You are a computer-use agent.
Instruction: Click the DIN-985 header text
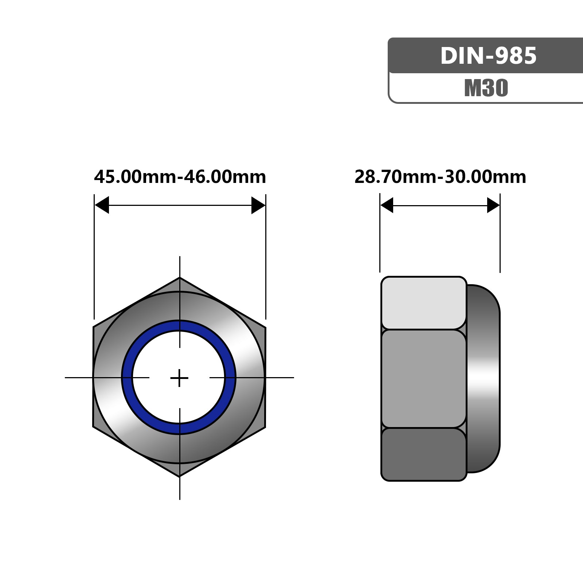click(x=488, y=56)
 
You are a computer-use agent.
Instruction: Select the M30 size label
click(x=486, y=88)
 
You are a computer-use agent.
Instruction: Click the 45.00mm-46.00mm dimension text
click(x=180, y=177)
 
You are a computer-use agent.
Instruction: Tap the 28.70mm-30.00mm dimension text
click(x=440, y=177)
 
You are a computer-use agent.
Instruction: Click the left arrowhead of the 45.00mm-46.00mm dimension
click(x=102, y=205)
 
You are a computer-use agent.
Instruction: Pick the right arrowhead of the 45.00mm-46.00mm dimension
click(x=258, y=205)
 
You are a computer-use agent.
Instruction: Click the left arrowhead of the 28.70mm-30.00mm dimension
click(x=387, y=205)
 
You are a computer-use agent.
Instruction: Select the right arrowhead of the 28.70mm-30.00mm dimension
click(x=493, y=205)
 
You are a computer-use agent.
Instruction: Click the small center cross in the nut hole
click(x=179, y=378)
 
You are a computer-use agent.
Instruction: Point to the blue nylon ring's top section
click(x=179, y=325)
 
